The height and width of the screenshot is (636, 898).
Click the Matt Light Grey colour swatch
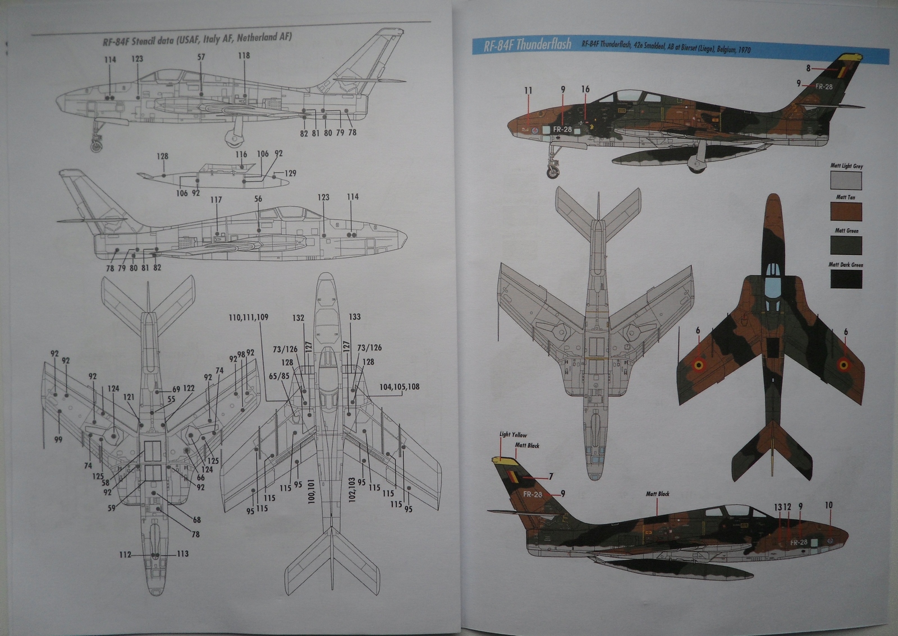click(x=846, y=181)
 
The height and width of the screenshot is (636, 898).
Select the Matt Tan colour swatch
click(x=846, y=211)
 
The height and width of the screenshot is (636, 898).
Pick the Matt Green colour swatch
click(x=846, y=245)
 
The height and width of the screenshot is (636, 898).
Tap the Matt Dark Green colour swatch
click(x=846, y=279)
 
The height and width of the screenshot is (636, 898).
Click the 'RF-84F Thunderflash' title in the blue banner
click(x=528, y=45)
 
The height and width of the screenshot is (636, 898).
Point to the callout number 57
click(x=201, y=57)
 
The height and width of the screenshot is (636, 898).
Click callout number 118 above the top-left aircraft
click(x=244, y=56)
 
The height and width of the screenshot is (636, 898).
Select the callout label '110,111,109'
click(x=248, y=317)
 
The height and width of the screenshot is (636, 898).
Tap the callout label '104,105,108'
click(x=399, y=387)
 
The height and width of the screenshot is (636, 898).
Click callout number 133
click(x=355, y=317)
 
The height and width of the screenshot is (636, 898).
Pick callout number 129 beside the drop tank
click(x=290, y=173)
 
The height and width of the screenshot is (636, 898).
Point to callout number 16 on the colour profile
click(x=585, y=89)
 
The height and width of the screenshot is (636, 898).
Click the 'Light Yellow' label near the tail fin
click(x=513, y=435)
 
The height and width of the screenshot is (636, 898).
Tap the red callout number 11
click(x=528, y=90)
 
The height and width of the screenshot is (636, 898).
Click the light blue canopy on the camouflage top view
click(x=773, y=275)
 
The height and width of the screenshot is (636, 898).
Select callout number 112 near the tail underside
click(x=125, y=555)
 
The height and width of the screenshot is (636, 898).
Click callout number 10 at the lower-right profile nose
click(x=829, y=505)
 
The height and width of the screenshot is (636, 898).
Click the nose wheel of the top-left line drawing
click(x=97, y=146)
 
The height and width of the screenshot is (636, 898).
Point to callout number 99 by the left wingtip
click(x=58, y=440)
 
